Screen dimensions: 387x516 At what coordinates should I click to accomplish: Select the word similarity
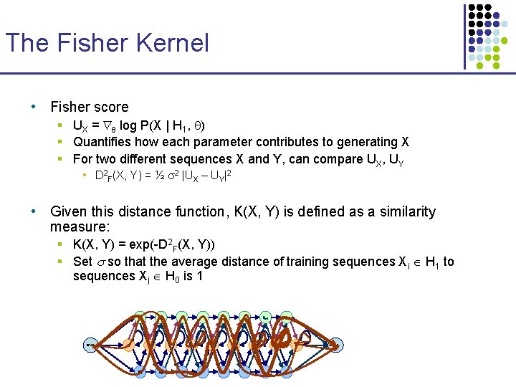pyautogui.click(x=403, y=211)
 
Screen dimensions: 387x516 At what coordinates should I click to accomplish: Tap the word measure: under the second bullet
pyautogui.click(x=78, y=227)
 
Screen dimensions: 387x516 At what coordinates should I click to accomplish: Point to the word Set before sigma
pyautogui.click(x=82, y=262)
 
